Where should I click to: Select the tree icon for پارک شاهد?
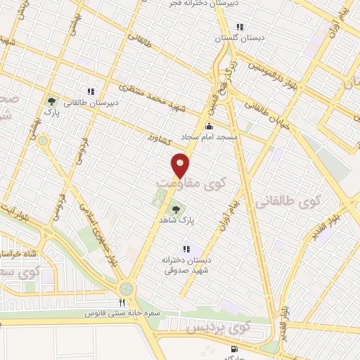(175, 209)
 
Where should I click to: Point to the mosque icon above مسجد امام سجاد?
(208, 127)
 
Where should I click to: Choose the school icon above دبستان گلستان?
(240, 27)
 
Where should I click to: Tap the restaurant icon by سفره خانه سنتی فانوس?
(122, 302)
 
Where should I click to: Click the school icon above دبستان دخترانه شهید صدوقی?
(186, 248)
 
